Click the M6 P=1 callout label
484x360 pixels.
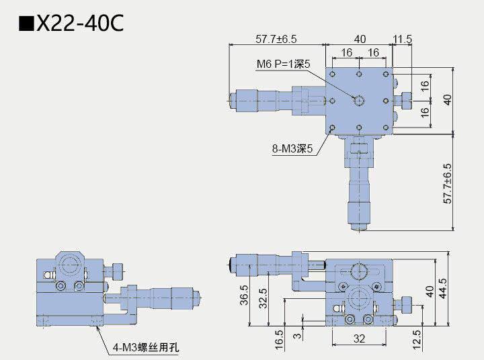pyautogui.click(x=283, y=64)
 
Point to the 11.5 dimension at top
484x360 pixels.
pyautogui.click(x=403, y=39)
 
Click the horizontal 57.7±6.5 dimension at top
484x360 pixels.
pyautogui.click(x=276, y=39)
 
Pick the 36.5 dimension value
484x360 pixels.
pyautogui.click(x=244, y=296)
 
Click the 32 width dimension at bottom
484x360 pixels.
pyautogui.click(x=360, y=339)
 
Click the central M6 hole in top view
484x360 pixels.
pyautogui.click(x=360, y=101)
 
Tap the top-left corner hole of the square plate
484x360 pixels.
pyautogui.click(x=333, y=74)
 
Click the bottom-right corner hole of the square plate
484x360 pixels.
pyautogui.click(x=386, y=127)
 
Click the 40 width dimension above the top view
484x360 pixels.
pyautogui.click(x=360, y=39)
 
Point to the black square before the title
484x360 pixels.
pyautogui.click(x=26, y=24)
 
